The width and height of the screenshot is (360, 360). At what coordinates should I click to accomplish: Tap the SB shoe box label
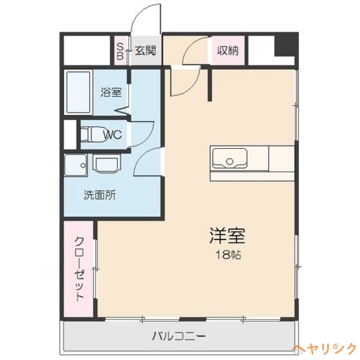coord(120,50)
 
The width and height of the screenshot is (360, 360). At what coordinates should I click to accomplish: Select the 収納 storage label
coord(228,50)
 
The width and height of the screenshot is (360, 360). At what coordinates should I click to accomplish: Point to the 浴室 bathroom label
coord(111,93)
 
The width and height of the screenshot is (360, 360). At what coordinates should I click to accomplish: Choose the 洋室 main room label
coord(227,236)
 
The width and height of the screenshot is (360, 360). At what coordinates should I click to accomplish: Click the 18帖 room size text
coord(227,255)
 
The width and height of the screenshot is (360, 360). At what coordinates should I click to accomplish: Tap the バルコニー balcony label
coord(179,336)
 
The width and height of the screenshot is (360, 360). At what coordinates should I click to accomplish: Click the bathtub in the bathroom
coord(79,92)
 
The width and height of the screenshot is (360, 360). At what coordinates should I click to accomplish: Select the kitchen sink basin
coord(230,159)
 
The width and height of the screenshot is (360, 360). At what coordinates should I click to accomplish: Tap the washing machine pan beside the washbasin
coord(75,165)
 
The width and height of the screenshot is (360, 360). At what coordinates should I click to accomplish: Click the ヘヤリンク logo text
coord(324,349)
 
